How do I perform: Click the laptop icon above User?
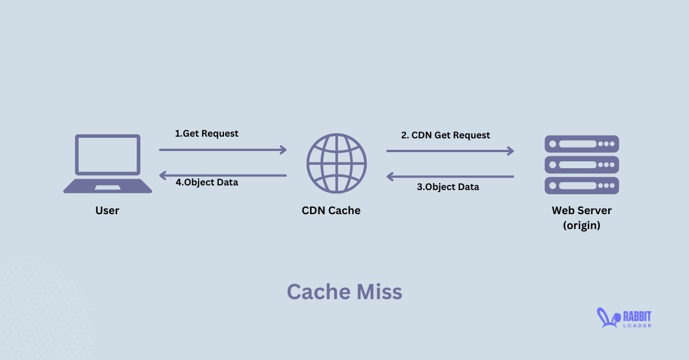point(107,163)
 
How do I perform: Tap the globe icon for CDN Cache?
point(336,163)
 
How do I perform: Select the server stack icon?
point(582,165)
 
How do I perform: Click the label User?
point(107,211)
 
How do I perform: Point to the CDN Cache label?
point(331,211)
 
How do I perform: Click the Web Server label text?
point(582,211)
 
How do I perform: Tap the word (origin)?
point(582,226)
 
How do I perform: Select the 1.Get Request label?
point(207,133)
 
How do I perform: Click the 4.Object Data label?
point(207,183)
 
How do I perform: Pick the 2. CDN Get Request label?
point(446,136)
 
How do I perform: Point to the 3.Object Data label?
point(448,187)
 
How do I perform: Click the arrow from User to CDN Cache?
point(223,150)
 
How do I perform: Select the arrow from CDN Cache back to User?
point(223,175)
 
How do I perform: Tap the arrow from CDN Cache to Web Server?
point(450,151)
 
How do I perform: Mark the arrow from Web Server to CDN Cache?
point(450,177)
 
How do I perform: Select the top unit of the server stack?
point(582,144)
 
